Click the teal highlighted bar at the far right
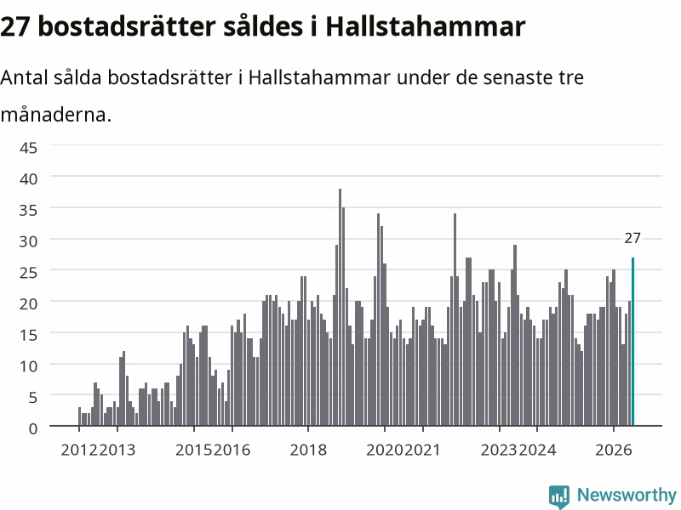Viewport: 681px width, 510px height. [x=632, y=342]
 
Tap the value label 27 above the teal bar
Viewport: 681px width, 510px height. [x=632, y=238]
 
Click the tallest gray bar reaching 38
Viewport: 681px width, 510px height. [x=340, y=307]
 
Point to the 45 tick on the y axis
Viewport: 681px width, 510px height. [x=29, y=148]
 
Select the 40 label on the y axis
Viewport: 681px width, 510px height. [x=29, y=178]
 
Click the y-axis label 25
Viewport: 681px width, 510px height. [x=29, y=272]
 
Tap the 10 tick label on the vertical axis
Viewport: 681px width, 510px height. [x=29, y=366]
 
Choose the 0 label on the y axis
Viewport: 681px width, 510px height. [x=33, y=429]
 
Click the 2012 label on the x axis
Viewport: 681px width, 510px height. [x=79, y=450]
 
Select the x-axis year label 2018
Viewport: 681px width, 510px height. [x=308, y=450]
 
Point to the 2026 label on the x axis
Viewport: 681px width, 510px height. [x=613, y=450]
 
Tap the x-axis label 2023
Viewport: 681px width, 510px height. [x=499, y=450]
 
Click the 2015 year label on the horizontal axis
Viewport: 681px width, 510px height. [x=194, y=450]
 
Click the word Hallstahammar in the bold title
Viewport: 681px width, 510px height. [x=426, y=26]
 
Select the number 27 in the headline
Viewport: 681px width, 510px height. [x=15, y=27]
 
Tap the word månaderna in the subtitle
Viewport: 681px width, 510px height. [x=56, y=115]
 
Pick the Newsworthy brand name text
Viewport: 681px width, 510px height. [x=627, y=495]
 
